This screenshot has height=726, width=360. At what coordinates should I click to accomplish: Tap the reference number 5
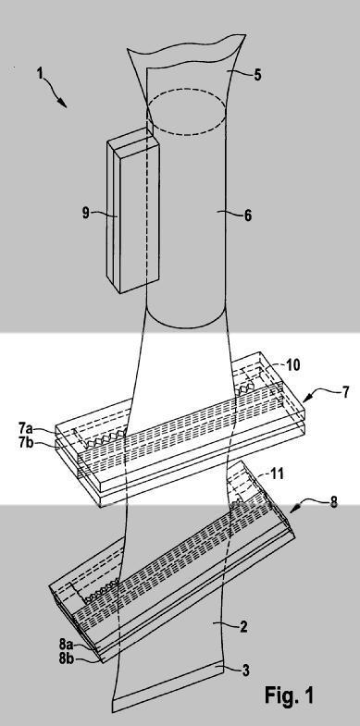click(x=256, y=75)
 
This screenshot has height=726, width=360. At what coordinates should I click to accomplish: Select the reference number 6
click(x=248, y=215)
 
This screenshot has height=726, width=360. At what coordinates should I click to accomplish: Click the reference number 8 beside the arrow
click(x=333, y=501)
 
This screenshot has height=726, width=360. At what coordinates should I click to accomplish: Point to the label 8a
click(x=67, y=643)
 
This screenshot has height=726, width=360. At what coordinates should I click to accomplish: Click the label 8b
click(x=67, y=658)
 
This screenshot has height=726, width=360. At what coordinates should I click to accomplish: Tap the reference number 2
click(x=243, y=627)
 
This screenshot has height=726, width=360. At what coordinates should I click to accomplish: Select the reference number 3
click(x=246, y=670)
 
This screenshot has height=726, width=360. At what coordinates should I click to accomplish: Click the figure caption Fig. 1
click(x=289, y=695)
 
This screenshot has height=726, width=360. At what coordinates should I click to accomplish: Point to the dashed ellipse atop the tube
click(x=187, y=114)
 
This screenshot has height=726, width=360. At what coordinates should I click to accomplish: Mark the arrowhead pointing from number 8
click(x=294, y=510)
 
